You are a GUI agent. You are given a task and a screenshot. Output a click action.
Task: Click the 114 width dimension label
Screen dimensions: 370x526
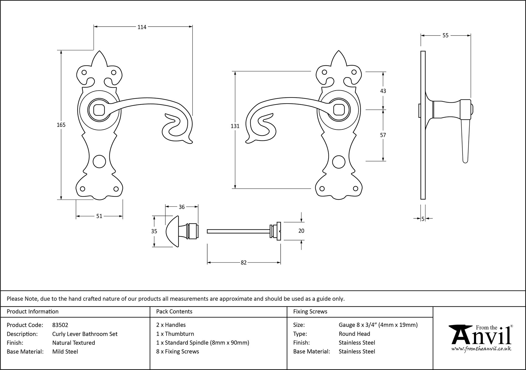pos(142,27)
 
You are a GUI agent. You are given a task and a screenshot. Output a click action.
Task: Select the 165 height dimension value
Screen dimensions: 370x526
pos(61,125)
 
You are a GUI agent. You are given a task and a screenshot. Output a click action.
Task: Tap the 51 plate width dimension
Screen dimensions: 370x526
pos(99,216)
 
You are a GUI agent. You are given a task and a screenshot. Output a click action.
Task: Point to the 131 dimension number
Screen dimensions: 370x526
pos(235,126)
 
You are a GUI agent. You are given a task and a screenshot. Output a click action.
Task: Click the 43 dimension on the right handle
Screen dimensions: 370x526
pos(383,91)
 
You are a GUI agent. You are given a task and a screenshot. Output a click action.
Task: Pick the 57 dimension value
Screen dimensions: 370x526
pos(383,135)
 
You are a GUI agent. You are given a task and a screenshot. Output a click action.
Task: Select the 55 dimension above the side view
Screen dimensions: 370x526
pos(445,35)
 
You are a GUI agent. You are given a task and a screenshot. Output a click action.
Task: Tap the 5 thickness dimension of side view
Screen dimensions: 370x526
pos(423,219)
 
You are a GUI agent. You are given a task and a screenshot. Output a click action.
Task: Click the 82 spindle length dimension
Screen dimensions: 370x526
pos(244,262)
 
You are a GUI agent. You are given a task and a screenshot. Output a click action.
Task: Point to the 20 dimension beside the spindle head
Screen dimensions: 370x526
pos(301,231)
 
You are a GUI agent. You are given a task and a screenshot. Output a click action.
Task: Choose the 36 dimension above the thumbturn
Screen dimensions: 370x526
pos(181,207)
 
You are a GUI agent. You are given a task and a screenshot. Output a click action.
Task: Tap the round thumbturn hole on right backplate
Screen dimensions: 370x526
pos(338,162)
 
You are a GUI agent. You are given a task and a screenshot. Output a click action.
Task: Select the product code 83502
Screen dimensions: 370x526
pos(60,325)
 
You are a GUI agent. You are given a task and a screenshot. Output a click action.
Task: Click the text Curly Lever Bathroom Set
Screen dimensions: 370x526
pos(85,334)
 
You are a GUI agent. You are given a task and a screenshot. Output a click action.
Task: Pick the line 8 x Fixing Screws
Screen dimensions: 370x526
pos(178,352)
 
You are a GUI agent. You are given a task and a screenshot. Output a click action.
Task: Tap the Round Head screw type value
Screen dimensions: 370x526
pos(354,334)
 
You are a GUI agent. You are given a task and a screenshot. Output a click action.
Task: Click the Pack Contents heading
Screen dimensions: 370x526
pos(174,312)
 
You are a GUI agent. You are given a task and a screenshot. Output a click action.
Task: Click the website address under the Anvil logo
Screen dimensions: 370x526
pos(481,349)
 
